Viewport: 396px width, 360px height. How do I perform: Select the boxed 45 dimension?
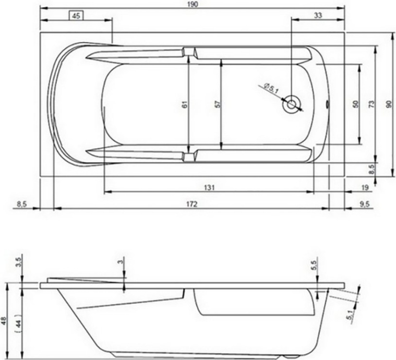pos(76,16)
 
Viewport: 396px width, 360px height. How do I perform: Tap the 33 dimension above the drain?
pos(318,16)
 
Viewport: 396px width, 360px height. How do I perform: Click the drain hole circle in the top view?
pos(291,104)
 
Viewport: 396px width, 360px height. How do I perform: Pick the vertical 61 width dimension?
pos(184,104)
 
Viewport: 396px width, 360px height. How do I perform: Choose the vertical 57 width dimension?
pos(218,104)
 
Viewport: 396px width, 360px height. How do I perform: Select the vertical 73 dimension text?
pos(371,104)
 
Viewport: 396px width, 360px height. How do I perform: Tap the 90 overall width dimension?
pos(388,104)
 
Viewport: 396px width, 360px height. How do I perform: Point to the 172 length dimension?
pos(191,204)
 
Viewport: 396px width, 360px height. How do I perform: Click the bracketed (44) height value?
pos(18,322)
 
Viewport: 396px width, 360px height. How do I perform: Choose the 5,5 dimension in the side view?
pos(314,265)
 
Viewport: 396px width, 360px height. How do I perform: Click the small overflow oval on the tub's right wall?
pos(327,104)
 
